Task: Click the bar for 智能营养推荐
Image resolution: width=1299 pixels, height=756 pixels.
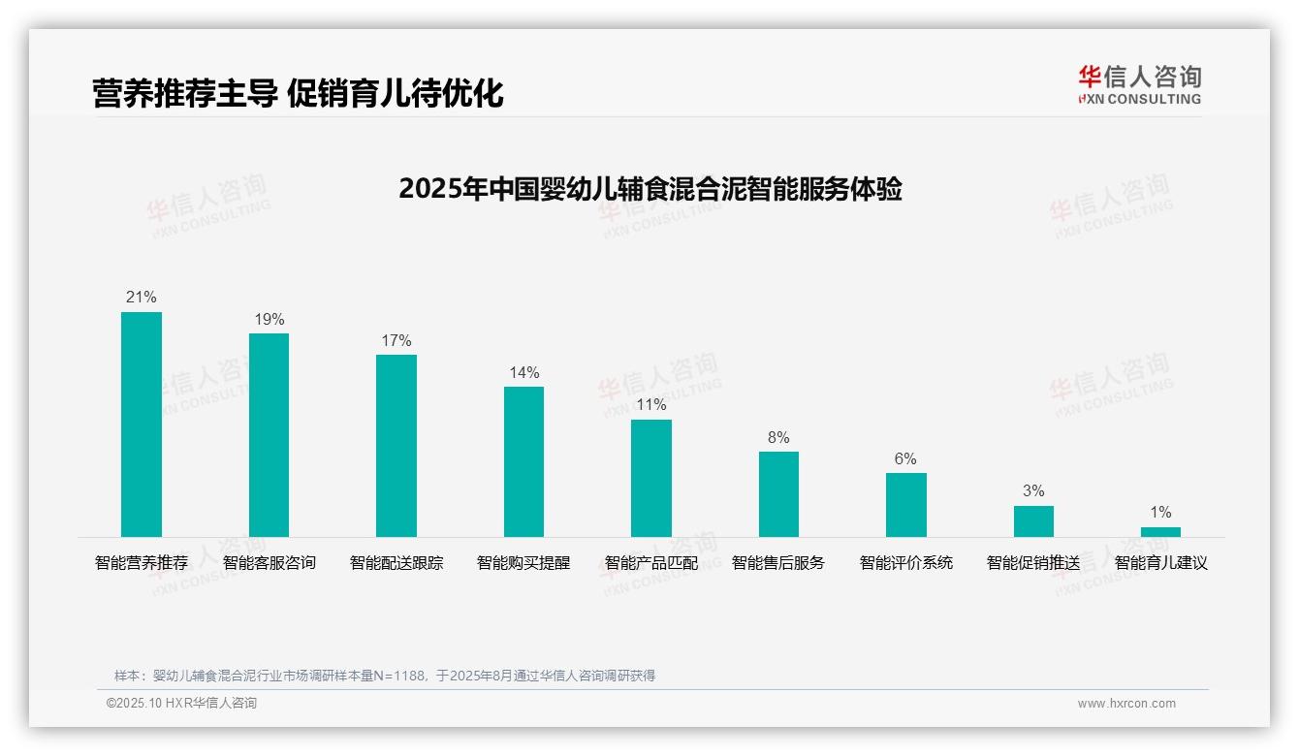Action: click(142, 425)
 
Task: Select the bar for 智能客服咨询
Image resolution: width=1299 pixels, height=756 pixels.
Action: click(269, 435)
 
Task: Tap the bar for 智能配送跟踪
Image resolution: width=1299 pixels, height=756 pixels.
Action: click(396, 446)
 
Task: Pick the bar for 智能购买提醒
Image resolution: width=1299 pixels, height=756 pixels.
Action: click(523, 461)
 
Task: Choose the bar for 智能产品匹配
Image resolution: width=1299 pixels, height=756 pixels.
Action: click(651, 478)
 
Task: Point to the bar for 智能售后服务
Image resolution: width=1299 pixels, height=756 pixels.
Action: click(778, 494)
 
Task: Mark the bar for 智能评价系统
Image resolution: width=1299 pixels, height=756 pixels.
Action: click(906, 505)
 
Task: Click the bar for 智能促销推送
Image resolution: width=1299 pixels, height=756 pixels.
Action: click(1033, 521)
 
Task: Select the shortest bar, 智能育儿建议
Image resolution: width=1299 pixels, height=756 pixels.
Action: click(1160, 532)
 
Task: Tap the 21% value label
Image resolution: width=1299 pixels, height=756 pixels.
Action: click(142, 298)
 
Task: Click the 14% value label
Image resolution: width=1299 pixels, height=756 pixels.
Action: click(523, 372)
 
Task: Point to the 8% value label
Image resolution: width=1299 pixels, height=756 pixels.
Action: click(778, 437)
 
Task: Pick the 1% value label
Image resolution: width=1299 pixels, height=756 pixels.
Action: click(1160, 512)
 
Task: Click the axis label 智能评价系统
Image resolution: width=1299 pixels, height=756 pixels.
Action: click(906, 562)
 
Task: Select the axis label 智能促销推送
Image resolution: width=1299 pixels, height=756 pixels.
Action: click(1033, 562)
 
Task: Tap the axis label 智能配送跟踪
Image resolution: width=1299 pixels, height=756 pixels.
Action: click(396, 562)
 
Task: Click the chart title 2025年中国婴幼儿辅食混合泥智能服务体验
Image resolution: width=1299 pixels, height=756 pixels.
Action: click(649, 189)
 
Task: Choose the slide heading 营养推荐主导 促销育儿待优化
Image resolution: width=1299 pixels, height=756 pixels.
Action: click(298, 93)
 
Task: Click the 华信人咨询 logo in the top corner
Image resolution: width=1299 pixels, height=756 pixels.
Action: click(1139, 84)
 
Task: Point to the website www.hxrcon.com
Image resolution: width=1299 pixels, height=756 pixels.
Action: click(1126, 703)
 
